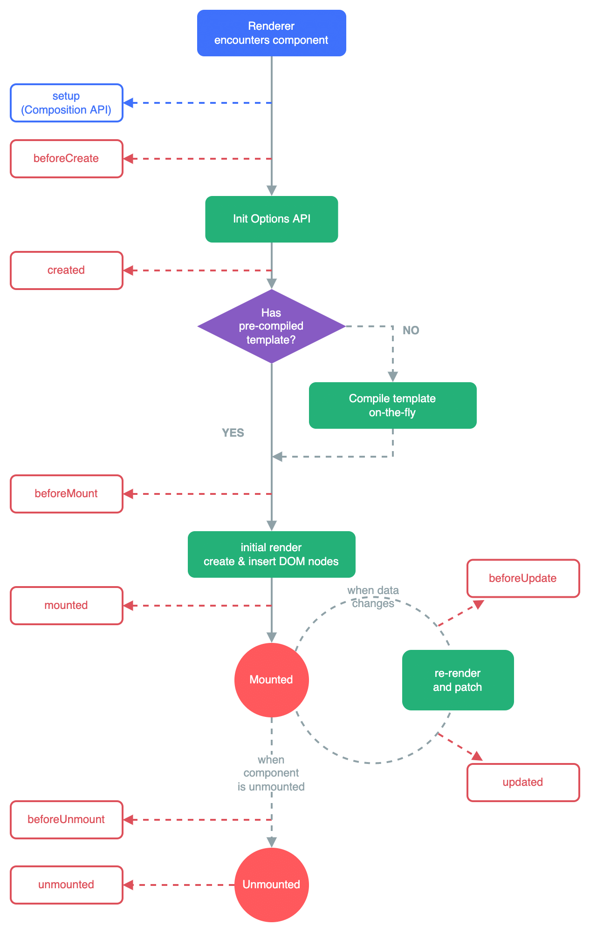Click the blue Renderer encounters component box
pyautogui.click(x=271, y=33)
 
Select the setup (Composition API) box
pyautogui.click(x=67, y=103)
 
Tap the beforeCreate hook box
pyautogui.click(x=67, y=159)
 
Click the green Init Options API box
pyautogui.click(x=271, y=219)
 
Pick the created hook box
pyautogui.click(x=67, y=270)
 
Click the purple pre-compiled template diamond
pyautogui.click(x=271, y=326)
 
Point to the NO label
pyautogui.click(x=411, y=331)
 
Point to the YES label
pyautogui.click(x=233, y=433)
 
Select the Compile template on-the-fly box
pyautogui.click(x=392, y=405)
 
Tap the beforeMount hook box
pyautogui.click(x=67, y=494)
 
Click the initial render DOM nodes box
pyautogui.click(x=271, y=554)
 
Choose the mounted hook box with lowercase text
pyautogui.click(x=67, y=606)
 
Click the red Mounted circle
pyautogui.click(x=271, y=680)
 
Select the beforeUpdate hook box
pyautogui.click(x=523, y=579)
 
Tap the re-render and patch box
pyautogui.click(x=458, y=680)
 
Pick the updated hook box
pyautogui.click(x=523, y=783)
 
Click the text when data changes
pyautogui.click(x=373, y=597)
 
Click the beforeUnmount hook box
pyautogui.click(x=67, y=820)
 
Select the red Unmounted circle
pyautogui.click(x=271, y=885)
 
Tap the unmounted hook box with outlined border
pyautogui.click(x=67, y=885)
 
